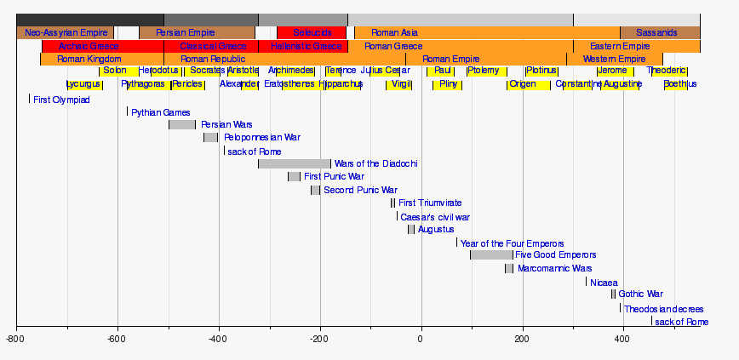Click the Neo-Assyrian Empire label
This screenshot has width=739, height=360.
pyautogui.click(x=66, y=32)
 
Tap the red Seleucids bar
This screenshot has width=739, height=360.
pyautogui.click(x=312, y=32)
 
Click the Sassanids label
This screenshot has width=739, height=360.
pyautogui.click(x=656, y=32)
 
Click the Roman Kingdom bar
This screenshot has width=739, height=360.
pyautogui.click(x=89, y=60)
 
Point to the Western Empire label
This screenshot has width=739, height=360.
pyautogui.click(x=614, y=60)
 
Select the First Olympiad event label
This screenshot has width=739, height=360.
pyautogui.click(x=61, y=100)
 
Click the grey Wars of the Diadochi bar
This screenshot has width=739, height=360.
pyautogui.click(x=294, y=163)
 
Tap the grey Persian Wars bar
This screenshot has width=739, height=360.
pyautogui.click(x=181, y=125)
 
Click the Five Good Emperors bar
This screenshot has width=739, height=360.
pyautogui.click(x=491, y=254)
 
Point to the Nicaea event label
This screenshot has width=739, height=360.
pyautogui.click(x=604, y=283)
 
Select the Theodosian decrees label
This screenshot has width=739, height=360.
pyautogui.click(x=664, y=309)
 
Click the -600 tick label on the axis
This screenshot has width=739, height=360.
pyautogui.click(x=117, y=339)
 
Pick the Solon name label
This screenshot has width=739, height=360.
pyautogui.click(x=115, y=71)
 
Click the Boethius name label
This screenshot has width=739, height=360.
pyautogui.click(x=679, y=84)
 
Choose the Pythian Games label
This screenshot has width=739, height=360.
pyautogui.click(x=161, y=112)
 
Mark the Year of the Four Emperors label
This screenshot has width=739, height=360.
pyautogui.click(x=512, y=243)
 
